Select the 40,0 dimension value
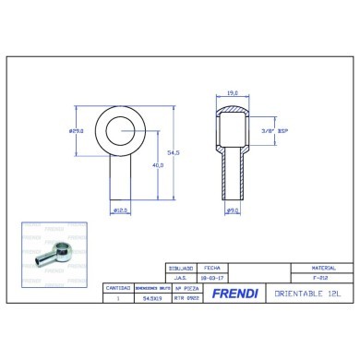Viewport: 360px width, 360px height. (161, 165)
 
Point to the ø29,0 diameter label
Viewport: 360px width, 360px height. (77, 130)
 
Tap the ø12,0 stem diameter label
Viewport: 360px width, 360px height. (119, 211)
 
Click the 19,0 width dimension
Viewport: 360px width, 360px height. (234, 94)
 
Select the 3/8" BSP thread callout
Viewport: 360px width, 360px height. (274, 130)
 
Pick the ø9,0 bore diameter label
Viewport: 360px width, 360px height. (234, 212)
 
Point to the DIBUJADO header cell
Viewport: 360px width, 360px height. (180, 266)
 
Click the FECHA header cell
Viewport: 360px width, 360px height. (211, 266)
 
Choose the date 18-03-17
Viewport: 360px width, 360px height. (211, 276)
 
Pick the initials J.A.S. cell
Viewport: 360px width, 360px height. (180, 276)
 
